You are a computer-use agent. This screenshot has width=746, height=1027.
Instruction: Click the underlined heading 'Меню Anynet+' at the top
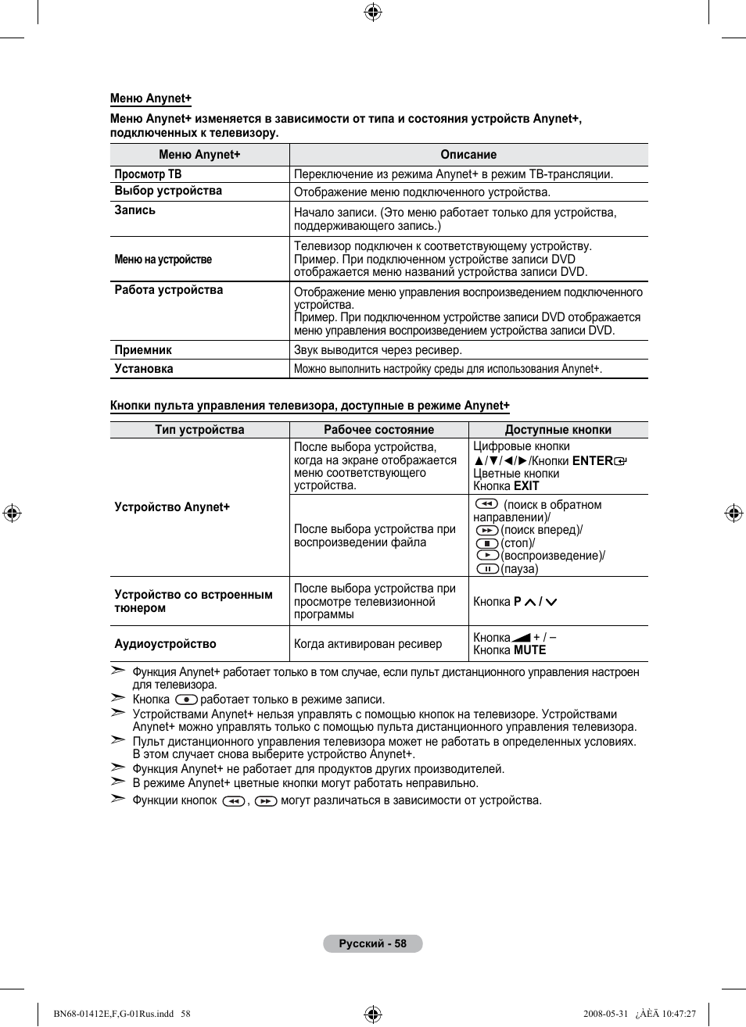tap(150, 98)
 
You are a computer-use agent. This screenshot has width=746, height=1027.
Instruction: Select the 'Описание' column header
tap(468, 155)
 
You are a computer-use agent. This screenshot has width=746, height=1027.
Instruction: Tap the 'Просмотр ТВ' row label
tap(148, 174)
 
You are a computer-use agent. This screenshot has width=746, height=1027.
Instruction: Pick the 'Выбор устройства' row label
tap(168, 191)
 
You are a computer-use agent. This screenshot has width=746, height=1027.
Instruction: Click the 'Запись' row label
tap(135, 210)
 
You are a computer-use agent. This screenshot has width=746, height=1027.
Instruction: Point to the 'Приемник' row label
tap(143, 350)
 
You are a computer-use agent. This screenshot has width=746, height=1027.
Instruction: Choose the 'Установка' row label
tap(144, 369)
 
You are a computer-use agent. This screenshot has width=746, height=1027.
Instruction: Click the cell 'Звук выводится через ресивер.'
tap(378, 350)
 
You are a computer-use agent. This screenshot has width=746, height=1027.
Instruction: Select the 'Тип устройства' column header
tap(199, 430)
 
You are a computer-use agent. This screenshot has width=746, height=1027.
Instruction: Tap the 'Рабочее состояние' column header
tap(379, 430)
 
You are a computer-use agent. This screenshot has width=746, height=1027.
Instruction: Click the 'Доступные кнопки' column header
tap(558, 430)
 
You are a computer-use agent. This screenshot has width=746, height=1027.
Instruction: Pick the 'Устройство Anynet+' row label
tap(172, 507)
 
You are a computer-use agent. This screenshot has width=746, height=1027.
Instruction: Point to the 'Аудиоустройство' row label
tap(165, 644)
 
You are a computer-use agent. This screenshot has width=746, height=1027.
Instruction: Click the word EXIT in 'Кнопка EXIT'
tap(526, 486)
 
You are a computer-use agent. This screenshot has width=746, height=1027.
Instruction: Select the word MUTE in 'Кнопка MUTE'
tap(529, 650)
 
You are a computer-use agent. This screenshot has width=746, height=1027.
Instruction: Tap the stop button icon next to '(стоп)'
tap(487, 543)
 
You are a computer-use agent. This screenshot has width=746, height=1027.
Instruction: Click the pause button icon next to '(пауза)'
tap(487, 569)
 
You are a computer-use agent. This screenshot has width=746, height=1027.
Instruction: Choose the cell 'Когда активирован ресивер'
tap(368, 644)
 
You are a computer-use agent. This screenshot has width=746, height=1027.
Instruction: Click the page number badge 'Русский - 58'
tap(373, 943)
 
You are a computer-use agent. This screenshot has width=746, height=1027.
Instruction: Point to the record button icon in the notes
tap(186, 700)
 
